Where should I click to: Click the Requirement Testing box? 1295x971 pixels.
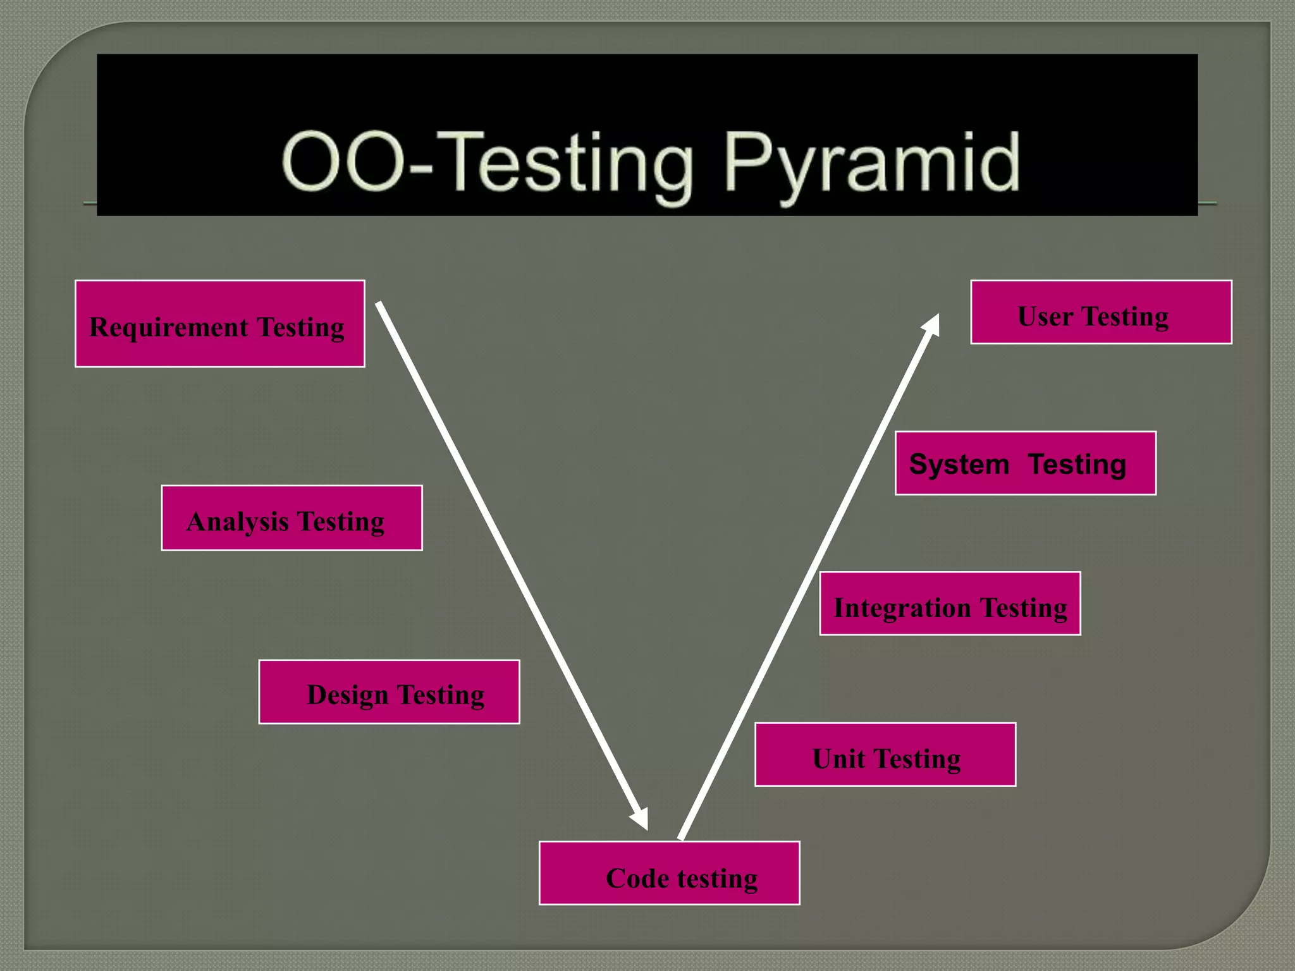coord(219,324)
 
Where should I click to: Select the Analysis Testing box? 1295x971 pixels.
coord(292,518)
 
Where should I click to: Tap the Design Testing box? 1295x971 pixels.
coord(389,692)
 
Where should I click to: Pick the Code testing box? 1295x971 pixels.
coord(669,873)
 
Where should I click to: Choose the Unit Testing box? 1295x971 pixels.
coord(885,754)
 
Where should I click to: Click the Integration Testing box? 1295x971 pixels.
coord(950,603)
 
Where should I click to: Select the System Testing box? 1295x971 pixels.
coord(1025,463)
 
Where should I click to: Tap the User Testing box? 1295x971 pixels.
coord(1101,312)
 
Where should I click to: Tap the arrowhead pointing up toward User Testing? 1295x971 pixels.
coord(931,324)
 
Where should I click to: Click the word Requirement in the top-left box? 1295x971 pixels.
coord(169,327)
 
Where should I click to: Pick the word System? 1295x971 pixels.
coord(959,465)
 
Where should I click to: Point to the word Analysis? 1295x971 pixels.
coord(238,522)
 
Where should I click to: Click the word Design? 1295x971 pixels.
coord(347,695)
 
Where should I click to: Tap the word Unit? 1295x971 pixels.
coord(838,759)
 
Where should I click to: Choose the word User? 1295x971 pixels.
coord(1045,316)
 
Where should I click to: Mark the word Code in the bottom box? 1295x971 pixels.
coord(637,878)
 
